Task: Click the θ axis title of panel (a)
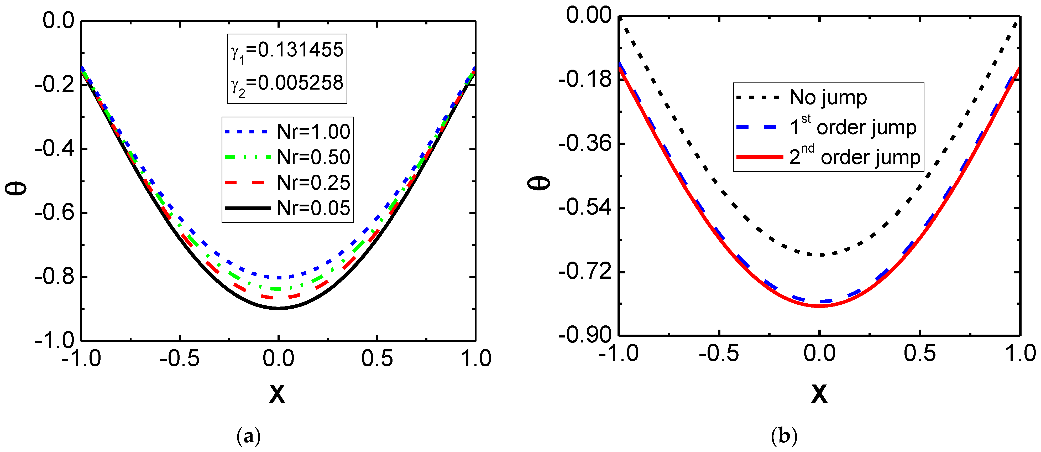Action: click(16, 188)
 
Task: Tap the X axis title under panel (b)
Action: click(819, 393)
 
